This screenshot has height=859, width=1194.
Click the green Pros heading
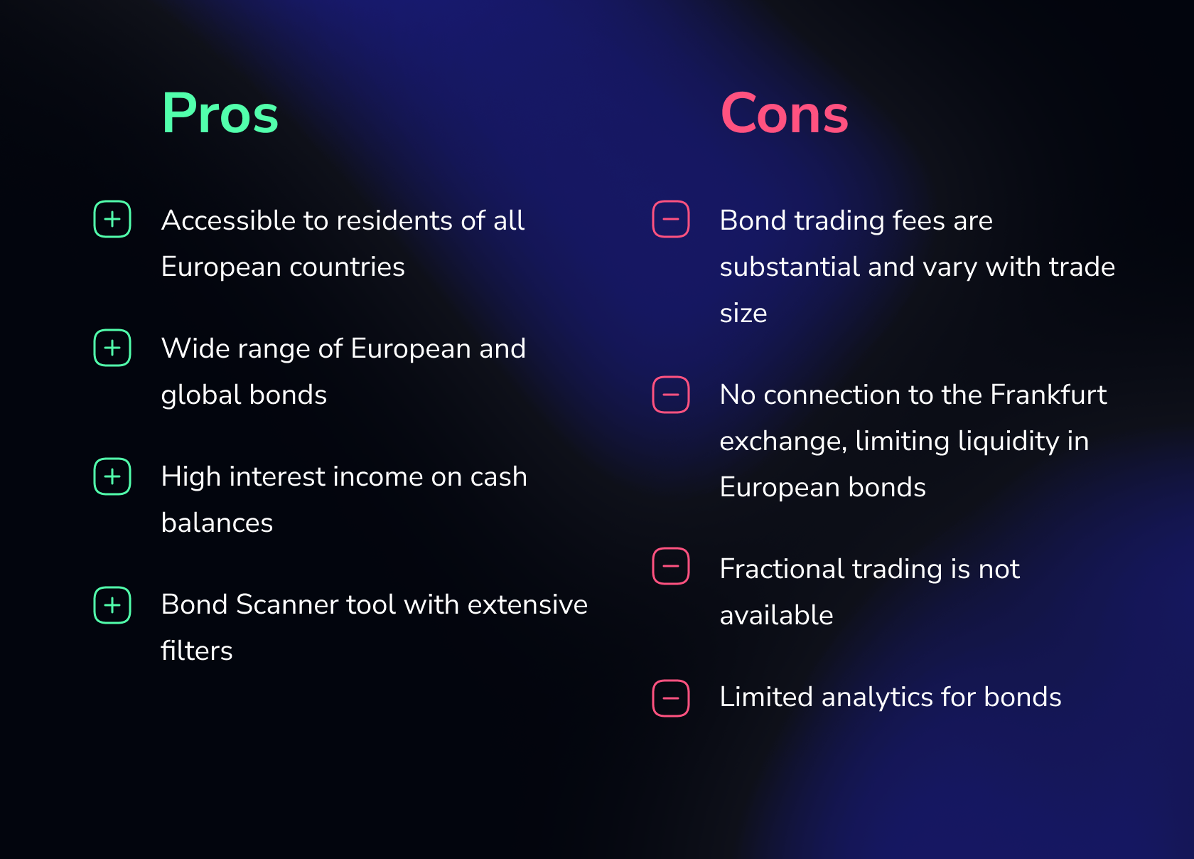tap(220, 113)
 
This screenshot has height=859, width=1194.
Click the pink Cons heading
tap(784, 113)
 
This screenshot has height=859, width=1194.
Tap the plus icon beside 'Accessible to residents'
tap(112, 219)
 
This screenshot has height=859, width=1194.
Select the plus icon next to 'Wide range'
tap(112, 348)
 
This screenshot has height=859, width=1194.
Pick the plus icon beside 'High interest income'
tap(112, 476)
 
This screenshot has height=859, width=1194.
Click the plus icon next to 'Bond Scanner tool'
tap(112, 605)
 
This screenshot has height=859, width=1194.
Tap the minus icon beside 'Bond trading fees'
tap(671, 219)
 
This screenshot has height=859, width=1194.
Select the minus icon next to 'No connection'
tap(671, 395)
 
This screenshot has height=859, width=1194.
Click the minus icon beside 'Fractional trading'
tap(671, 566)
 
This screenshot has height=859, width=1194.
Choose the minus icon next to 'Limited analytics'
tap(671, 698)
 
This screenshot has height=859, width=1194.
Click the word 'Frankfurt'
tap(1048, 395)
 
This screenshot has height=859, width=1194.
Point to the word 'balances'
tap(217, 523)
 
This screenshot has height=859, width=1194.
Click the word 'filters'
tap(197, 651)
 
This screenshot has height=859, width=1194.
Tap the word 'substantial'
tap(790, 267)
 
